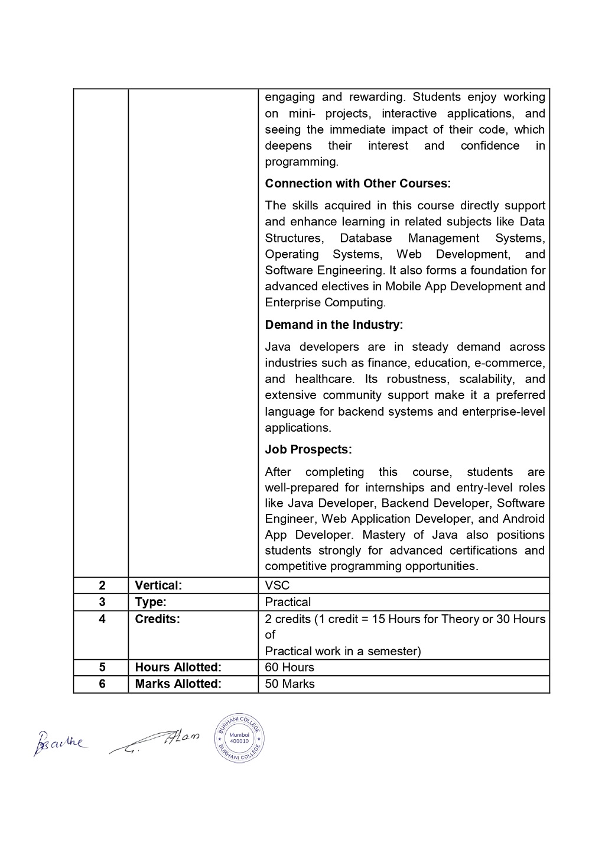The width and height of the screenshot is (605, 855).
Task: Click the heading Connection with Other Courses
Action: tap(357, 183)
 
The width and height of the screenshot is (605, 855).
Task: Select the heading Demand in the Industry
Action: tap(334, 325)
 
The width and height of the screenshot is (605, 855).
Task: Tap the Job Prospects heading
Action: tap(308, 449)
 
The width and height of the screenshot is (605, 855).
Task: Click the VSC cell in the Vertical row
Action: tap(278, 585)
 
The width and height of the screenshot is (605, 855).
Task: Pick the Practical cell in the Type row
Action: tap(288, 602)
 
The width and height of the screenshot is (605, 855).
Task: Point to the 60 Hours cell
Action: tap(290, 667)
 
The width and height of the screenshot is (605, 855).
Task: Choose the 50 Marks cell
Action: tap(290, 684)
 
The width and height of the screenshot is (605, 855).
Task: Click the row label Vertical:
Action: tap(158, 585)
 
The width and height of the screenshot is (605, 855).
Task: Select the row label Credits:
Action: tap(157, 618)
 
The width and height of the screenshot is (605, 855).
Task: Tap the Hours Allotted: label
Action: tap(178, 667)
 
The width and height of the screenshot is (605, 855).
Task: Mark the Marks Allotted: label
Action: tap(178, 684)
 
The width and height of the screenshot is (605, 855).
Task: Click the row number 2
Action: tap(102, 585)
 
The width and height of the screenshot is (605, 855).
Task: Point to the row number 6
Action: tap(102, 684)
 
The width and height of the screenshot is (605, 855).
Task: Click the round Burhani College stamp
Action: tap(239, 737)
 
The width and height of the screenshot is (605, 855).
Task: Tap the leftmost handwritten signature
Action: tap(59, 743)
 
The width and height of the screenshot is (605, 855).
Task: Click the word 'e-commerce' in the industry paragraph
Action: tap(509, 362)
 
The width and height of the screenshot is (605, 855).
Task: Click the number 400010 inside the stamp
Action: tap(239, 740)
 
